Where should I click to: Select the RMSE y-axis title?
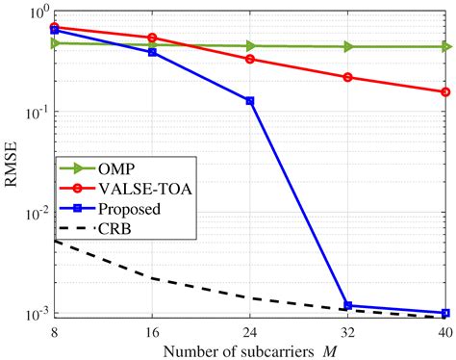[11, 164]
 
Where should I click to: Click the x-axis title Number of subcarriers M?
[250, 347]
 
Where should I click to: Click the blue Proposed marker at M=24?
[250, 100]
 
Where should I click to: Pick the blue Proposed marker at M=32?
[348, 305]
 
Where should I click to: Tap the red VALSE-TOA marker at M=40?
[445, 92]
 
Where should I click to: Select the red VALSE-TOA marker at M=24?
[250, 59]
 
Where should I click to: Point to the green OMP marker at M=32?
[348, 46]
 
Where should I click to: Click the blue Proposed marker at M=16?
[152, 52]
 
